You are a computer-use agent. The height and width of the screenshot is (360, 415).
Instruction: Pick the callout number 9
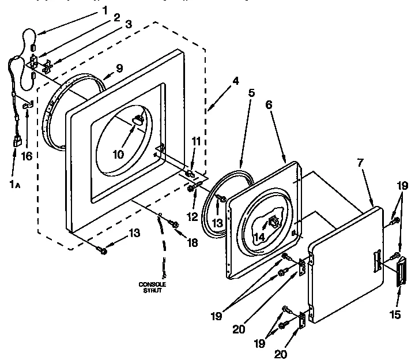coord(119,67)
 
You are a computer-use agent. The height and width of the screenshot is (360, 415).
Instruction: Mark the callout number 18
coord(193,242)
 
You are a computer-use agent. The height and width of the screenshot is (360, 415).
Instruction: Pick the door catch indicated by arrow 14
coord(273,220)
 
